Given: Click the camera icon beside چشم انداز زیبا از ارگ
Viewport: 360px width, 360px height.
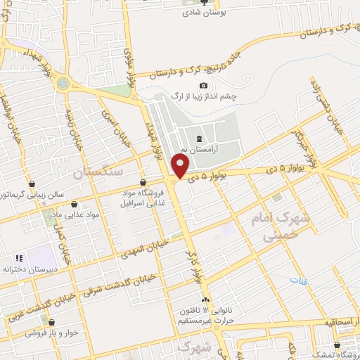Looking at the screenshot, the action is (203, 86).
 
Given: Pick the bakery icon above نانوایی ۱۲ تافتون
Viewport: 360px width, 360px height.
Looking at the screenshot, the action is (205, 301).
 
